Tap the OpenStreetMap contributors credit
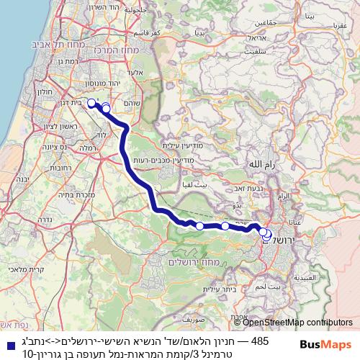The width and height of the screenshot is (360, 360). (297, 322)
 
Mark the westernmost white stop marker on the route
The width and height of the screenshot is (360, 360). (91, 103)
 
